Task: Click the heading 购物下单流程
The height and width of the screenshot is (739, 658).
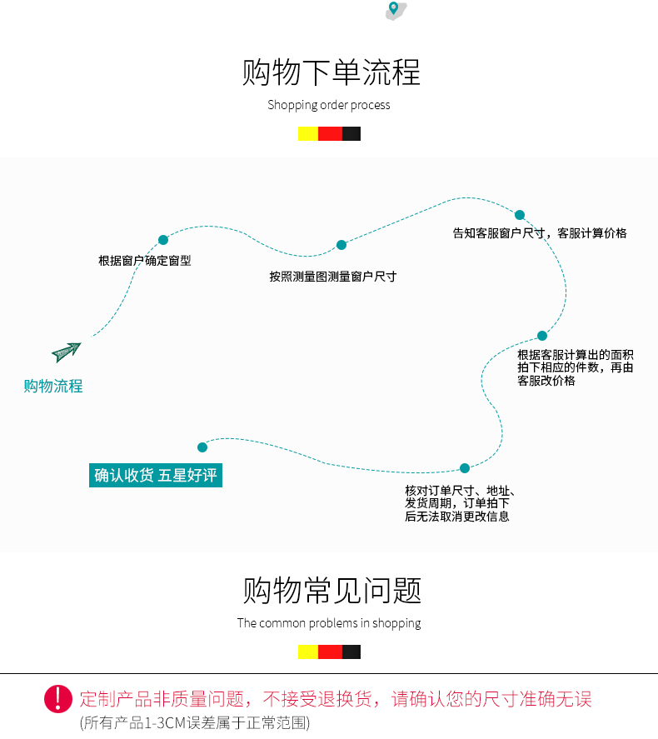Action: pos(331,72)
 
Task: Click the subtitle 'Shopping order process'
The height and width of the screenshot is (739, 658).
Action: pos(329,105)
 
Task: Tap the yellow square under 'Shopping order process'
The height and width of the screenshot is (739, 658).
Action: pos(307,133)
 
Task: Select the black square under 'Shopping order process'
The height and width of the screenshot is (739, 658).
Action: pos(351,133)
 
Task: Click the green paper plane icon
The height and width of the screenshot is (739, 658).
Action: pos(66,352)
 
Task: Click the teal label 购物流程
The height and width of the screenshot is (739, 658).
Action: pos(53,386)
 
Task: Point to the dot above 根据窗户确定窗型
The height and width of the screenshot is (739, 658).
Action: pos(163,240)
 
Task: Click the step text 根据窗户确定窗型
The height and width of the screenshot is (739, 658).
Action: pos(145,261)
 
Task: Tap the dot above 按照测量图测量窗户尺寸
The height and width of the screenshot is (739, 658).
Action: pos(341,245)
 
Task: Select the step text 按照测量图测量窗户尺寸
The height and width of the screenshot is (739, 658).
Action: pos(332,277)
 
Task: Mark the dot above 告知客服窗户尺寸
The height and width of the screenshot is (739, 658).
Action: pos(520,215)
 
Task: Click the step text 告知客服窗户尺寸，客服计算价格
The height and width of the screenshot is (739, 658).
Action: pos(539,233)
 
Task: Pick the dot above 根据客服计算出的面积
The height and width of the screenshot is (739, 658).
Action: pos(542,336)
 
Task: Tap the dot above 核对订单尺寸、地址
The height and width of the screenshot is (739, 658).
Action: pos(465,468)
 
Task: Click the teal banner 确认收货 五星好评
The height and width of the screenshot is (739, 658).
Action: pos(156,476)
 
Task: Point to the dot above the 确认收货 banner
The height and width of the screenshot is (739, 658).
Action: pos(202,447)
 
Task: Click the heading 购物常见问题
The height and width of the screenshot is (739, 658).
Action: pos(331,591)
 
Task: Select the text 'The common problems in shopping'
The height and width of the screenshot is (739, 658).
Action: pos(329,623)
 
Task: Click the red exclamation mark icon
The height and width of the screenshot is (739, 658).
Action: pos(58,698)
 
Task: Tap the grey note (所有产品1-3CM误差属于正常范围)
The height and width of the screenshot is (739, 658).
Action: pos(194,723)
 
